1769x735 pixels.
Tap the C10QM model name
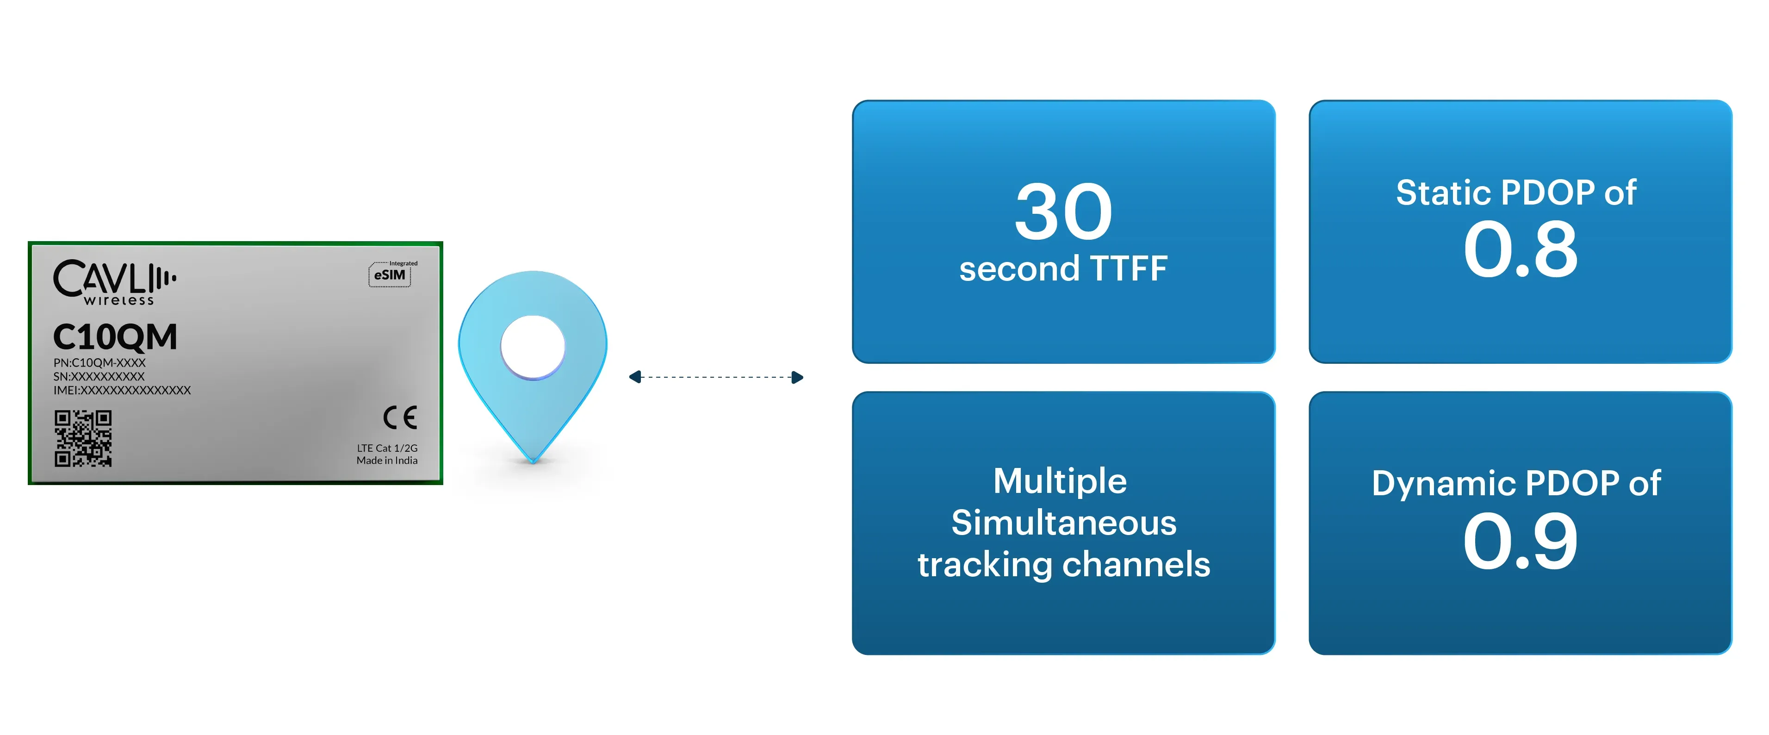click(x=115, y=337)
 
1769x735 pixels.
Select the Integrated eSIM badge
click(x=390, y=274)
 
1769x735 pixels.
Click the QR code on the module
click(x=83, y=438)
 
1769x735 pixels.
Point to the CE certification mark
click(x=400, y=417)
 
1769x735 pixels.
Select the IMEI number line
click(x=122, y=390)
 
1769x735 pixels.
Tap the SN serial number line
click(x=99, y=376)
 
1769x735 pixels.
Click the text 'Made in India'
click(x=387, y=460)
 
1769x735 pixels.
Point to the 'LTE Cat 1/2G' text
click(x=387, y=448)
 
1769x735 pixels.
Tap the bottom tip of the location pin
click(x=533, y=458)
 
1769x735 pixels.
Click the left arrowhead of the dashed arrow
click(x=635, y=377)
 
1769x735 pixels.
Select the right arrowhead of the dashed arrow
click(x=797, y=377)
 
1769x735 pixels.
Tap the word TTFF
click(x=1128, y=268)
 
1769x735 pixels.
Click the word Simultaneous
click(x=1064, y=523)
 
